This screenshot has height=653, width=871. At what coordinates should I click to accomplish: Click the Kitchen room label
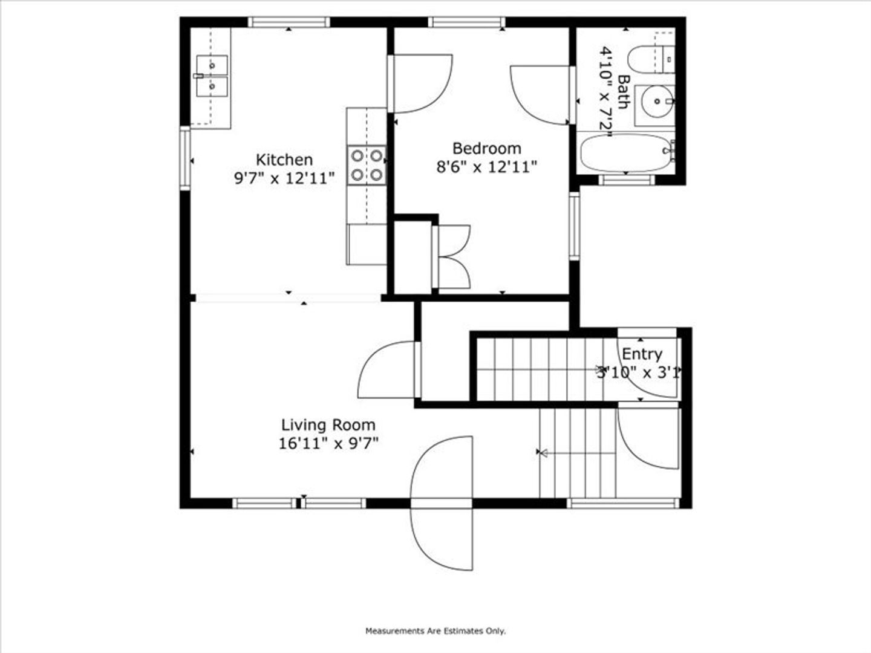tap(284, 160)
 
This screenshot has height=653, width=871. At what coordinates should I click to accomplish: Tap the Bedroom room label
tap(486, 148)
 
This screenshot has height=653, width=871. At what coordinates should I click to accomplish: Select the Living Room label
tap(328, 425)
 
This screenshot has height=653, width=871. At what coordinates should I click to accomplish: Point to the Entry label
tap(642, 354)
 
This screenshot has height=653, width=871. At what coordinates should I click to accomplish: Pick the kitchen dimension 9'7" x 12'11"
tap(284, 178)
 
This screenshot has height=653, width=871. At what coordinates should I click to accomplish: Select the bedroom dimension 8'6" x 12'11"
tap(486, 167)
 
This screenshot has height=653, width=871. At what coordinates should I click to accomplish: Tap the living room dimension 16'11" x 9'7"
tap(328, 444)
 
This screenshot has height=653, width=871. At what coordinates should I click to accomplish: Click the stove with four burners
tap(367, 165)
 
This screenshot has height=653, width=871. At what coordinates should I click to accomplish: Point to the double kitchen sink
tap(212, 75)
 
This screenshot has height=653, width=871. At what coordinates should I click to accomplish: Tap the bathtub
tap(624, 152)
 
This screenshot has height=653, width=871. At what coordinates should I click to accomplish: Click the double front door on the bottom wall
tap(441, 503)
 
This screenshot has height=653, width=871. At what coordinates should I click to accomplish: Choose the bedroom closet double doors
tap(452, 256)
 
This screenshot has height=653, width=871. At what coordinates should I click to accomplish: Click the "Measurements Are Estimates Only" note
tap(435, 631)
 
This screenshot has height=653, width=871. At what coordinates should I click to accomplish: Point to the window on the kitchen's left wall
tap(184, 159)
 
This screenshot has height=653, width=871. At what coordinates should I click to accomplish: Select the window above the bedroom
tap(467, 22)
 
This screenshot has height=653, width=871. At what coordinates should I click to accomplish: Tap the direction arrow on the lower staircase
tap(542, 452)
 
